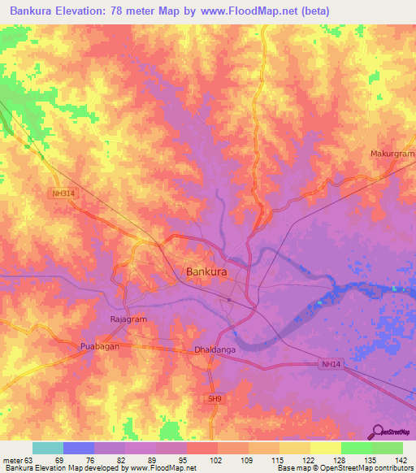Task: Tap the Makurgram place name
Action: pyautogui.click(x=392, y=154)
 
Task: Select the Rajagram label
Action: pyautogui.click(x=128, y=319)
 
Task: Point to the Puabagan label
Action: pyautogui.click(x=100, y=347)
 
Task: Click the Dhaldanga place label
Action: pyautogui.click(x=214, y=350)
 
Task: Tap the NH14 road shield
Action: pyautogui.click(x=329, y=366)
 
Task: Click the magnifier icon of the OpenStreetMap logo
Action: pyautogui.click(x=379, y=432)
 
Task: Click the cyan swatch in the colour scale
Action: pyautogui.click(x=48, y=448)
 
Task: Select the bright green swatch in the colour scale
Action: pyautogui.click(x=357, y=448)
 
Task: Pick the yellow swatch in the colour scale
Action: pyautogui.click(x=326, y=448)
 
